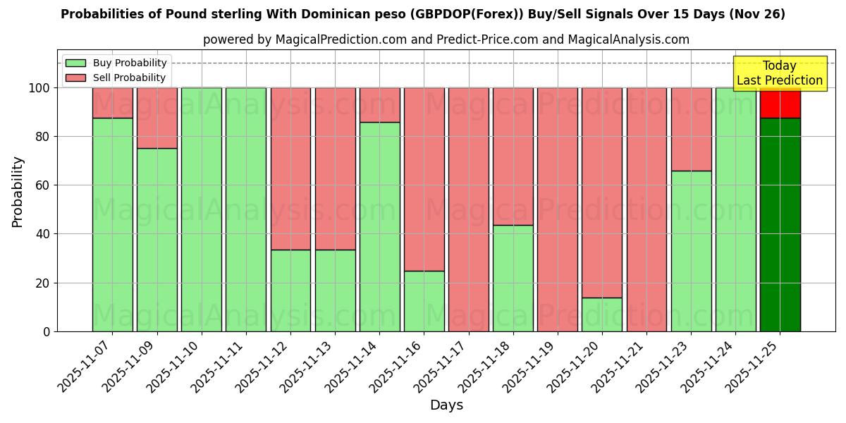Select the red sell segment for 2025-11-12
290,168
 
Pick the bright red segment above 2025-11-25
780,103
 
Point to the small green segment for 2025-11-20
602,314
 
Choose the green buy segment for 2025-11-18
513,278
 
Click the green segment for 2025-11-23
691,251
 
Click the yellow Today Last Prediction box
779,73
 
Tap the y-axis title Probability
18,192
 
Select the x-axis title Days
446,405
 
